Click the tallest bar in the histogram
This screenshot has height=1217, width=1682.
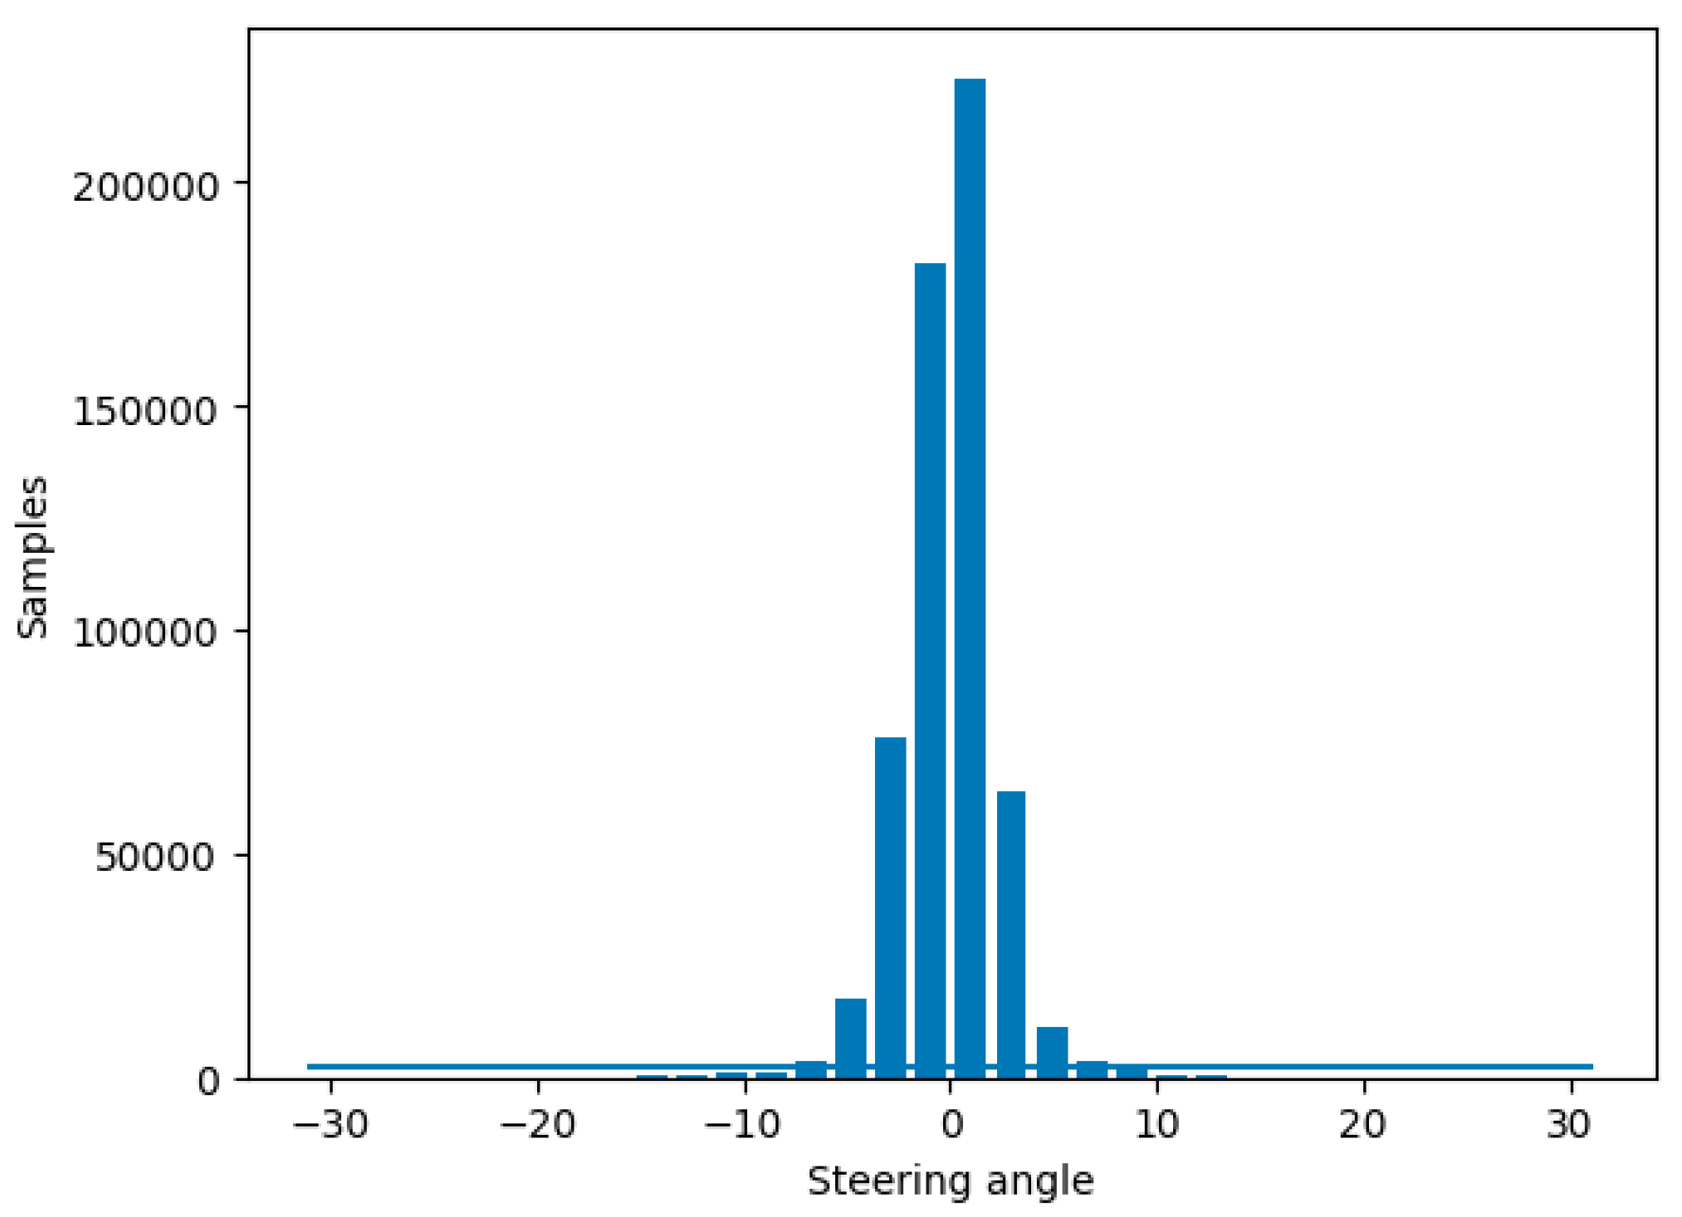pyautogui.click(x=970, y=581)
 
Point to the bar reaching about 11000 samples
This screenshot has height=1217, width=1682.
pyautogui.click(x=1052, y=1053)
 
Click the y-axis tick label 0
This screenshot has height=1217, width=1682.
pyautogui.click(x=208, y=1082)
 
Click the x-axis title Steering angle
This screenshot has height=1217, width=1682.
pyautogui.click(x=951, y=1181)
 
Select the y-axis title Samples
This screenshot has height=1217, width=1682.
pyautogui.click(x=33, y=557)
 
